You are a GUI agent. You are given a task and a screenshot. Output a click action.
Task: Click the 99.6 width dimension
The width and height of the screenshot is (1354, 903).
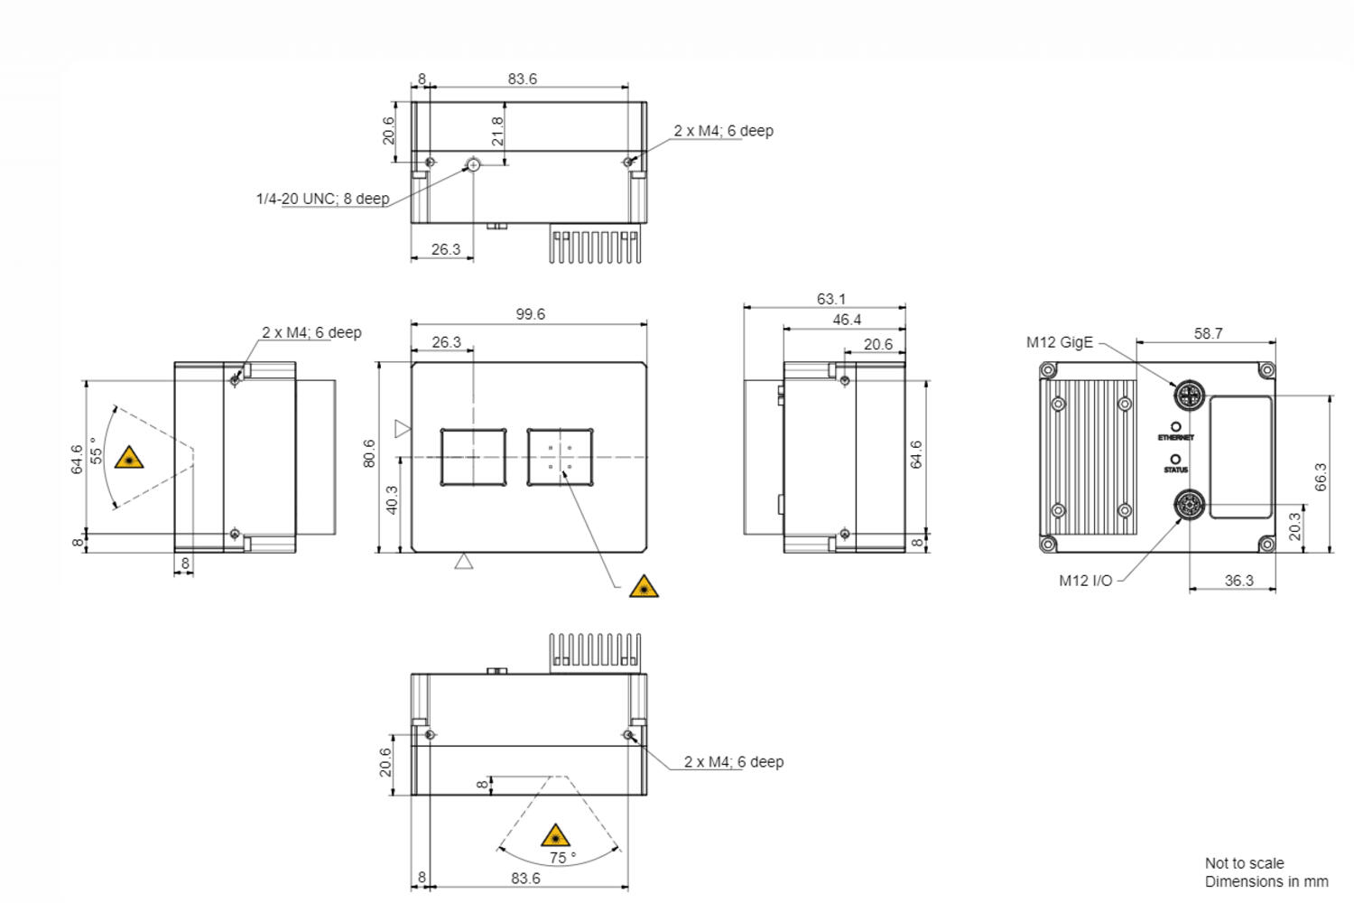pyautogui.click(x=530, y=314)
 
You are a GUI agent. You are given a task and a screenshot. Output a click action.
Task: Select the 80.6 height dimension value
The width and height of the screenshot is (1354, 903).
pyautogui.click(x=369, y=453)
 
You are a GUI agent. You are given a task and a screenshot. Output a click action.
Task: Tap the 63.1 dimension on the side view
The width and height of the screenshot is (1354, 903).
pyautogui.click(x=830, y=299)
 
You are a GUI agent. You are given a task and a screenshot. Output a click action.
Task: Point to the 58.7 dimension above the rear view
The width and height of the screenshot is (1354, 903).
pyautogui.click(x=1208, y=333)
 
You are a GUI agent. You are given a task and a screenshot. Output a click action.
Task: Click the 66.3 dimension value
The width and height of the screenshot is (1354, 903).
pyautogui.click(x=1321, y=477)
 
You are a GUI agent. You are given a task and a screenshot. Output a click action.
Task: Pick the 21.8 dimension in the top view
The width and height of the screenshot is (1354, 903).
pyautogui.click(x=497, y=132)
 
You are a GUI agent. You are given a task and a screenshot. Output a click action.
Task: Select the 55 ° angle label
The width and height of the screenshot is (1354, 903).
pyautogui.click(x=97, y=451)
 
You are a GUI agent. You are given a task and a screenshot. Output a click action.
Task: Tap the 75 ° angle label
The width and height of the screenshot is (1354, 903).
pyautogui.click(x=562, y=858)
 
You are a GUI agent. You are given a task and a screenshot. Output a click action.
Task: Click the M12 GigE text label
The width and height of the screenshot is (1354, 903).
pyautogui.click(x=1059, y=342)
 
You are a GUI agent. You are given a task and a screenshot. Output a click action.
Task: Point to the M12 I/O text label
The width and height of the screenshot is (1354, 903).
pyautogui.click(x=1085, y=581)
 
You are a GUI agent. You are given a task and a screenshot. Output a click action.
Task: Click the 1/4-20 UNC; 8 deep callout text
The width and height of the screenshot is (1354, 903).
pyautogui.click(x=322, y=199)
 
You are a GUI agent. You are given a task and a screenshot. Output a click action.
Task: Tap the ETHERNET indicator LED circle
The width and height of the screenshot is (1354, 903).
pyautogui.click(x=1175, y=426)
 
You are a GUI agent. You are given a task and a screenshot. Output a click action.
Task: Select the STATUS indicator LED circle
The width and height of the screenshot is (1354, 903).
pyautogui.click(x=1175, y=460)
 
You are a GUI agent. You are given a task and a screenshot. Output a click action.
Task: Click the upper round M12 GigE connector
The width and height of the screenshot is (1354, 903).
pyautogui.click(x=1189, y=396)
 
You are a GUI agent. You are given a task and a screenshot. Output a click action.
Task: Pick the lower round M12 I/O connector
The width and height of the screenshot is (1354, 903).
pyautogui.click(x=1189, y=506)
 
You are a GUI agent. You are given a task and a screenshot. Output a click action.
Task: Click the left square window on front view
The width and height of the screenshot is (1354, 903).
pyautogui.click(x=473, y=457)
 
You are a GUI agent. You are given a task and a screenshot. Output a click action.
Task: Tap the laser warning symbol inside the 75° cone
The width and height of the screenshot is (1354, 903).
pyautogui.click(x=555, y=835)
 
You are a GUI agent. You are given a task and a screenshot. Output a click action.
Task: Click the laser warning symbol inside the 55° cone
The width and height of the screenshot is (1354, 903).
pyautogui.click(x=129, y=458)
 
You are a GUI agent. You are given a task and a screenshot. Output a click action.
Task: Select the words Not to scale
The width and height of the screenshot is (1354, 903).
pyautogui.click(x=1244, y=863)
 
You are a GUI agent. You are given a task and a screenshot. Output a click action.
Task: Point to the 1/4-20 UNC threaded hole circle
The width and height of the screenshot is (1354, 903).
pyautogui.click(x=473, y=164)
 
